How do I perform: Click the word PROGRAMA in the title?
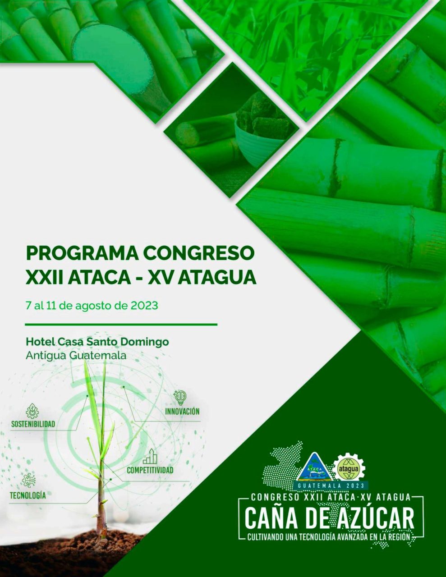pos(82,254)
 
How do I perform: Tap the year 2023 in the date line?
pos(144,305)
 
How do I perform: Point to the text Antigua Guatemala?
pos(76,356)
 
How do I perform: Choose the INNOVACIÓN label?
pos(182,411)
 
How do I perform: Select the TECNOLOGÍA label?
pos(28,495)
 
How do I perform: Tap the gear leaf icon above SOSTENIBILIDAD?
pos(32,411)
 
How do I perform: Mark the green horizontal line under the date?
pos(121,325)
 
